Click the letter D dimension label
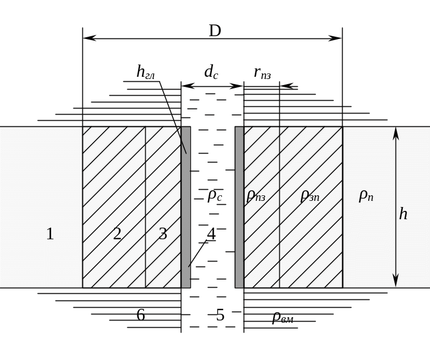point(215,31)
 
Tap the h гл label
point(146,72)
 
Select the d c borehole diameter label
point(211,72)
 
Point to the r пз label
point(263,73)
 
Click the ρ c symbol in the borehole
point(215,196)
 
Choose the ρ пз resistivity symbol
point(256,196)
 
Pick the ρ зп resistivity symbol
point(310,196)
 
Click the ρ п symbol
point(366,196)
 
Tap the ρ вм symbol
point(283,318)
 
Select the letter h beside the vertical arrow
point(403,214)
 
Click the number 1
point(50,234)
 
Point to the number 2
point(117,234)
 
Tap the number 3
point(163,234)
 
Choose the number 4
point(211,234)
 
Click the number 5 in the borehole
point(220,315)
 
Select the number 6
point(141,315)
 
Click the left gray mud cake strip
point(186,207)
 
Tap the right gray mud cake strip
point(239,207)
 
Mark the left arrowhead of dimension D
point(89,38)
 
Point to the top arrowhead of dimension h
point(396,134)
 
